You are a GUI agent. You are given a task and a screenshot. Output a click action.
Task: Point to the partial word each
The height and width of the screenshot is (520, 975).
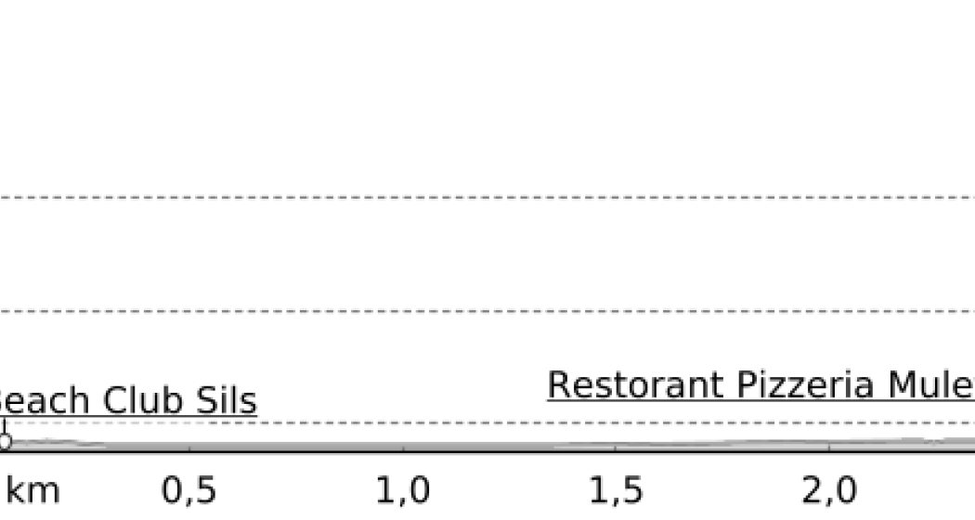[45, 401]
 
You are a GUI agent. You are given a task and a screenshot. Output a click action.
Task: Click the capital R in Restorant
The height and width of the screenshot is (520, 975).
[558, 384]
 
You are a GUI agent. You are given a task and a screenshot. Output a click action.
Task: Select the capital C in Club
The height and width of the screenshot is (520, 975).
[114, 401]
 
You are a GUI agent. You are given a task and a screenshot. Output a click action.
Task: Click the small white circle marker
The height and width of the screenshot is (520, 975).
[5, 442]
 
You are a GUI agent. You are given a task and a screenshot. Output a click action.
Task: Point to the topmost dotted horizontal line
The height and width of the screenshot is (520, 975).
[487, 198]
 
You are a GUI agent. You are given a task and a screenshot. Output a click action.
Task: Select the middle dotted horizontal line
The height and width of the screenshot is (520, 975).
[487, 311]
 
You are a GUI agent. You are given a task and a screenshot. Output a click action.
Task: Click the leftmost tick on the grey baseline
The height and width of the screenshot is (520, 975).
[190, 448]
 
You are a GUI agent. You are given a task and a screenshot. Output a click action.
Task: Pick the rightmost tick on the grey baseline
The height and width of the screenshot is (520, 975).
[829, 448]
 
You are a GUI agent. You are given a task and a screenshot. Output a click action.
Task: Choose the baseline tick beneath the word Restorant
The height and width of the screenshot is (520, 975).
[616, 448]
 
